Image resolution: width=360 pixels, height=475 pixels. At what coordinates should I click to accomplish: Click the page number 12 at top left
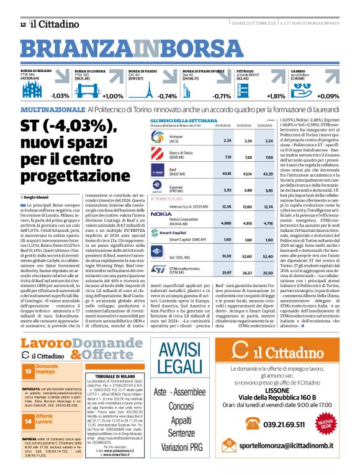point(22,24)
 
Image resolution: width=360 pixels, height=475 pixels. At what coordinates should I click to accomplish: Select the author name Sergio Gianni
point(37,196)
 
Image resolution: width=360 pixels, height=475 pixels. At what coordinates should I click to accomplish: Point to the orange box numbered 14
point(28,438)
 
